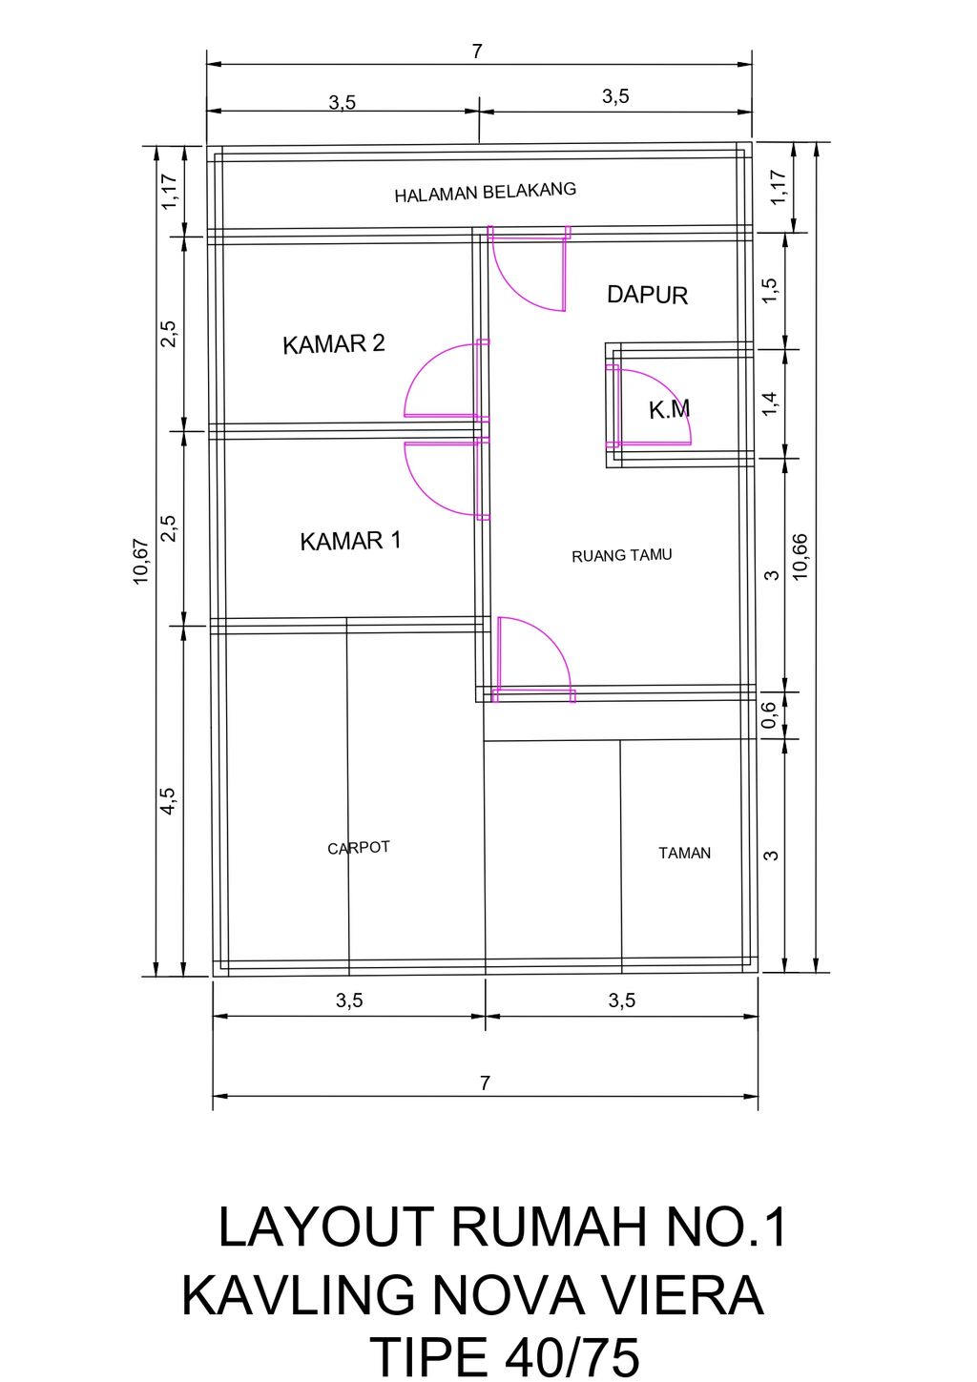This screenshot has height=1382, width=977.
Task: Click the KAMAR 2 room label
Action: (334, 343)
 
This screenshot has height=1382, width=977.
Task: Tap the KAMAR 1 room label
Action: (350, 541)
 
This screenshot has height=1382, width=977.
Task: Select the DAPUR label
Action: (648, 295)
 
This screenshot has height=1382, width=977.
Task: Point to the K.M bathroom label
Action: (670, 410)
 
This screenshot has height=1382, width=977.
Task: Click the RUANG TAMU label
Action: (621, 556)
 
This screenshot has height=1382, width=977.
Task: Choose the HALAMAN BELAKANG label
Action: (485, 192)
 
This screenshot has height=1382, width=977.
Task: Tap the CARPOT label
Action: (359, 848)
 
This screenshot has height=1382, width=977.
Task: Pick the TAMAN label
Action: (684, 853)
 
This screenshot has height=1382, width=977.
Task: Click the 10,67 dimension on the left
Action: (141, 562)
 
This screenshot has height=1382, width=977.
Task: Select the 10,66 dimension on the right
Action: (800, 556)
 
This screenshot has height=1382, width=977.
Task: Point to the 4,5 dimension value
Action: (169, 801)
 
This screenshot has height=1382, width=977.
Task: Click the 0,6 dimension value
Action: (769, 715)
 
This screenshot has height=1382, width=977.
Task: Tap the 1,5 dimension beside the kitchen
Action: (770, 291)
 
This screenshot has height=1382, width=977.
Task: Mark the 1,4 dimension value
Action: (770, 404)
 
